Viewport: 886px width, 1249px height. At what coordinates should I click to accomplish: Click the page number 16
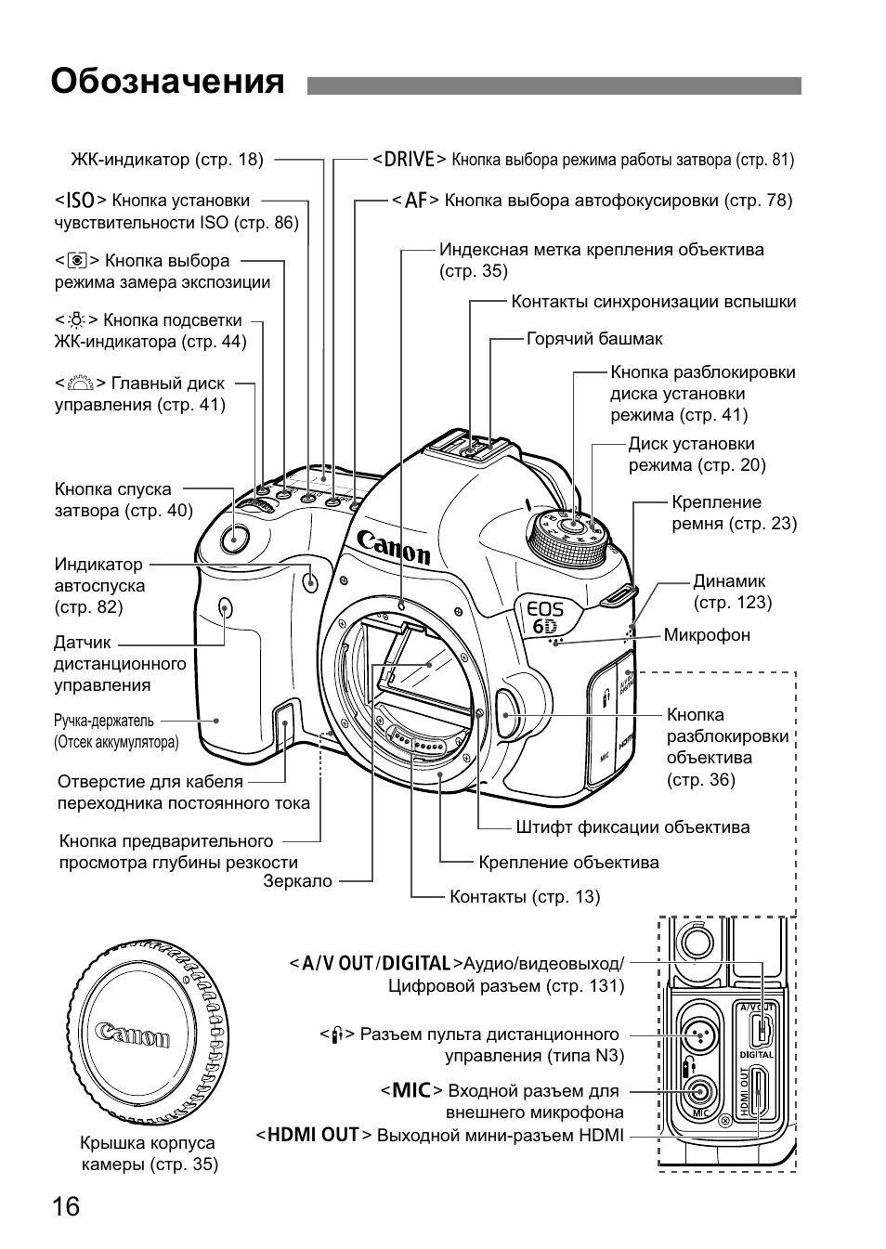[x=66, y=1206]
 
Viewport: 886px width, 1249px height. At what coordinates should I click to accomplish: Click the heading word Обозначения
[x=167, y=82]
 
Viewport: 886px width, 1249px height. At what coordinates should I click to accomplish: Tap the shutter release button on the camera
[x=235, y=536]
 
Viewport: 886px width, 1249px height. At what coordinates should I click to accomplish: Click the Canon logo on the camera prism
[x=394, y=546]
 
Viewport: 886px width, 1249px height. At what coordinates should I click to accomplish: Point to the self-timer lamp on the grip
[x=310, y=581]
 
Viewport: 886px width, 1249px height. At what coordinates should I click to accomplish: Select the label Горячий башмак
[x=594, y=339]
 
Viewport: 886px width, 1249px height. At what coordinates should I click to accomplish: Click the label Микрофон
[x=706, y=635]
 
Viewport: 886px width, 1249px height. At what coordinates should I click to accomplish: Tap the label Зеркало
[x=297, y=881]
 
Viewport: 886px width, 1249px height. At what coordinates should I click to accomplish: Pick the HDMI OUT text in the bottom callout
[x=313, y=1135]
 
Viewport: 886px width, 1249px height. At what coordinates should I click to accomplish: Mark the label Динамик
[x=729, y=581]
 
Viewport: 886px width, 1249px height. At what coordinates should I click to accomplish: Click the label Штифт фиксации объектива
[x=632, y=826]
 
